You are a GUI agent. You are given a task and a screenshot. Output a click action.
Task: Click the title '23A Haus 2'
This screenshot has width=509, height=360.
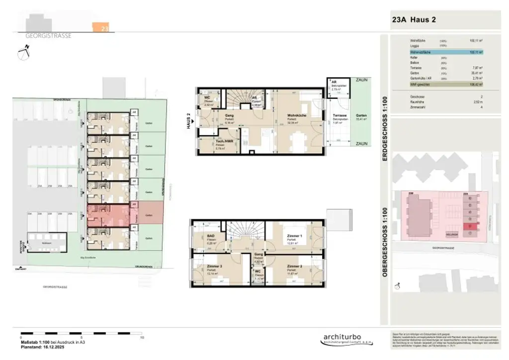tap(414, 20)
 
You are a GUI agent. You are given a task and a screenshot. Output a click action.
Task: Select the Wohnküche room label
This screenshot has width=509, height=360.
tap(296, 115)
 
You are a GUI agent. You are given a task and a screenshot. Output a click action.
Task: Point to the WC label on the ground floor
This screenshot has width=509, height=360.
tap(208, 98)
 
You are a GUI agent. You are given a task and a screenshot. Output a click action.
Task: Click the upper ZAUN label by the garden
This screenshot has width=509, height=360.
tap(361, 79)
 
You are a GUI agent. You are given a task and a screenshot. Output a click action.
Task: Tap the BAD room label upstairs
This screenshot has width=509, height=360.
tap(211, 237)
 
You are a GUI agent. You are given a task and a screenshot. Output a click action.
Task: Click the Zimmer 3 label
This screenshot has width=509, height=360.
tap(214, 267)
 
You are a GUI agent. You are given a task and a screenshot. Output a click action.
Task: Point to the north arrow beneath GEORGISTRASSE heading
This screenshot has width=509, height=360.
tap(22, 53)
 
